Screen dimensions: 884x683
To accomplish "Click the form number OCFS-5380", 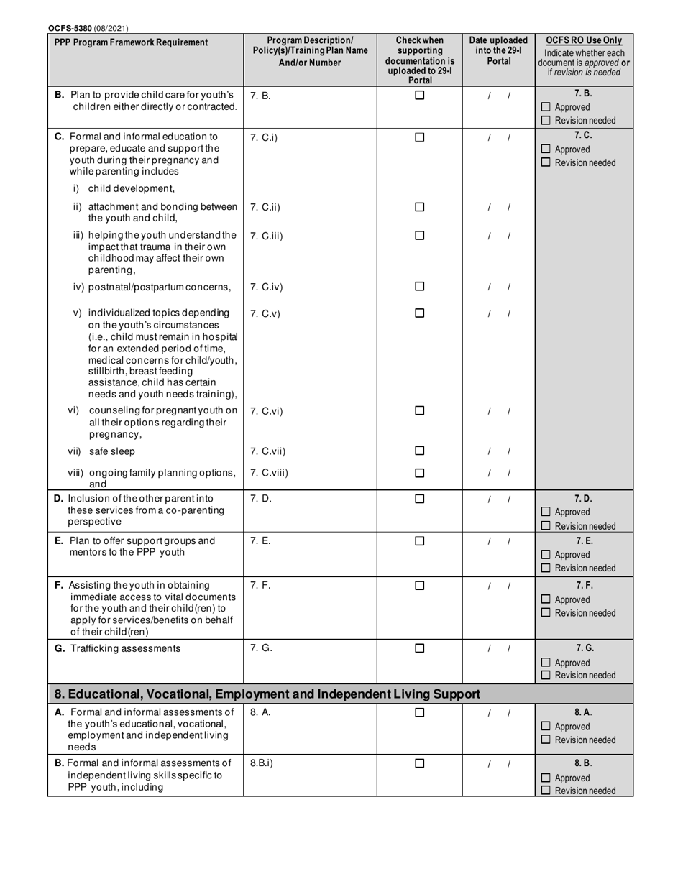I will coord(70,28).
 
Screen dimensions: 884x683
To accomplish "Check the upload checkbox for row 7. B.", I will coord(420,95).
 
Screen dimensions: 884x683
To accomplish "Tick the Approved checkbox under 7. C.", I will coord(546,149).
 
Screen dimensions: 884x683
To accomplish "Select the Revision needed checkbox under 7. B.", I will coord(546,121).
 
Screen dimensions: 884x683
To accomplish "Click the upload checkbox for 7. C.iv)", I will coord(420,287).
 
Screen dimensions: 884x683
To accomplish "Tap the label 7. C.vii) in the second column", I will coord(267,451).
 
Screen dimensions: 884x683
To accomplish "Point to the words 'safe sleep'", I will coord(111,451).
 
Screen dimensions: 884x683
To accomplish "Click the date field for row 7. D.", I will coord(499,499).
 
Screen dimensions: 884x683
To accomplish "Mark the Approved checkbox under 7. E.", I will coord(546,555).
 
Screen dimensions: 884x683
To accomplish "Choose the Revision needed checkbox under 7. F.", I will coord(546,613).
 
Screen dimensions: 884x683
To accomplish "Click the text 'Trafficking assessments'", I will coord(125,648).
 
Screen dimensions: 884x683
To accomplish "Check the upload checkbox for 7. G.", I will coord(420,648).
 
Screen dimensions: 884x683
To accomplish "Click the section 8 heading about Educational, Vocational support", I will coord(267,694).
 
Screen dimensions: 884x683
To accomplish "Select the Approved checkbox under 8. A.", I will coord(546,727).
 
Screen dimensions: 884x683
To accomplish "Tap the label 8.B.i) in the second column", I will coord(262,763).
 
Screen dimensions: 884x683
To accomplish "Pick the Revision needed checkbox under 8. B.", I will coord(546,791).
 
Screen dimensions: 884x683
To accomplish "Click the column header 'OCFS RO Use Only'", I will coord(584,41).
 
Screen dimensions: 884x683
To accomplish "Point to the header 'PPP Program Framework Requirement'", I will coord(132,42).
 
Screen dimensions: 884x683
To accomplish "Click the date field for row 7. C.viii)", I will coord(499,474).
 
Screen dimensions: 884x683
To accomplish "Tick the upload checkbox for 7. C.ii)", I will coord(420,208).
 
